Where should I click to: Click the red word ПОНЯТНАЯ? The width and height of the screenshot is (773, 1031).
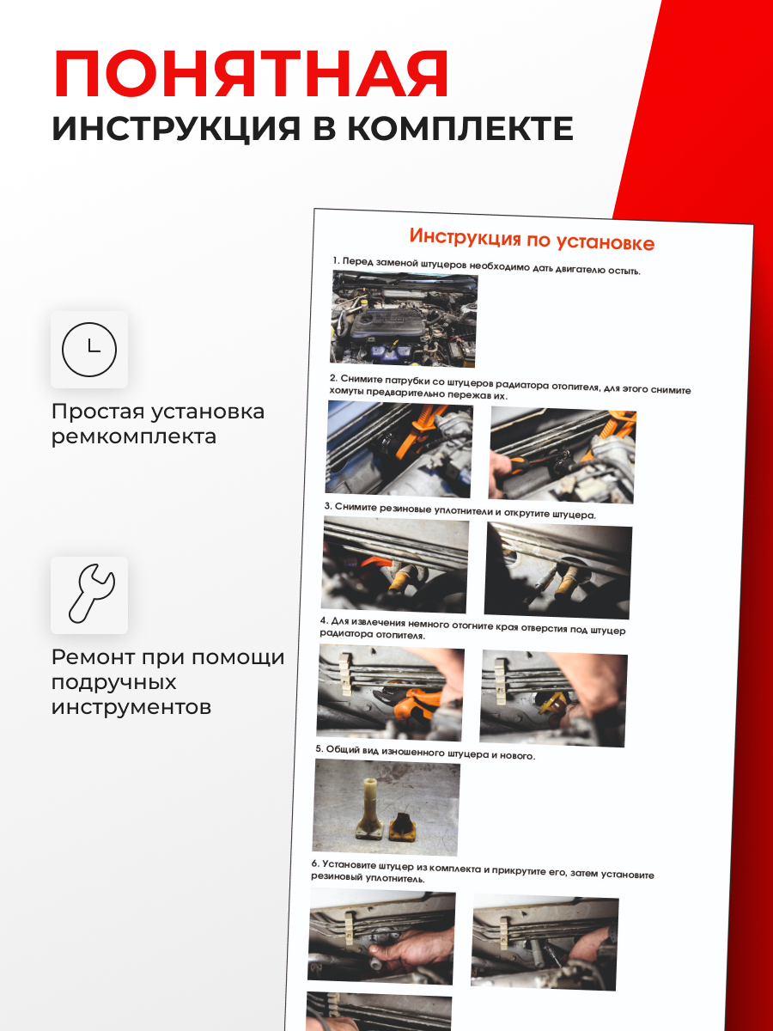(x=252, y=74)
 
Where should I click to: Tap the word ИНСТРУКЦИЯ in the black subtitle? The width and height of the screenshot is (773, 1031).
(x=176, y=128)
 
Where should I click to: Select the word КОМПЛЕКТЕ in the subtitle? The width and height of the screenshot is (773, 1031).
(x=460, y=128)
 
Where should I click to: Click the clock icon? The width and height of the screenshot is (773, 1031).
(x=89, y=350)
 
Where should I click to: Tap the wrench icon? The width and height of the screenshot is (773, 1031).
(x=91, y=594)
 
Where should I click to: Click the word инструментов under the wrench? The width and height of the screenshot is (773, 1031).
(x=131, y=707)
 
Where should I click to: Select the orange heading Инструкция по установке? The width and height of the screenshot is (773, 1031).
(x=532, y=239)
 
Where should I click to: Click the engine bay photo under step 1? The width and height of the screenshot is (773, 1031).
(x=404, y=319)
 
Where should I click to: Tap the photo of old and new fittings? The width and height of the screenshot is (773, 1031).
(x=386, y=808)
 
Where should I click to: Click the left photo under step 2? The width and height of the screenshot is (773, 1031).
(x=399, y=449)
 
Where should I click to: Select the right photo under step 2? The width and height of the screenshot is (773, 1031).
(x=563, y=454)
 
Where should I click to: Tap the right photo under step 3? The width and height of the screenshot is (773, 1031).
(x=558, y=570)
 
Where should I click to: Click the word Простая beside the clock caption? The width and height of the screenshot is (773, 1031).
(x=98, y=412)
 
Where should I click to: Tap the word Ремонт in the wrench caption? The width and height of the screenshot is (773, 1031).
(x=92, y=656)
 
